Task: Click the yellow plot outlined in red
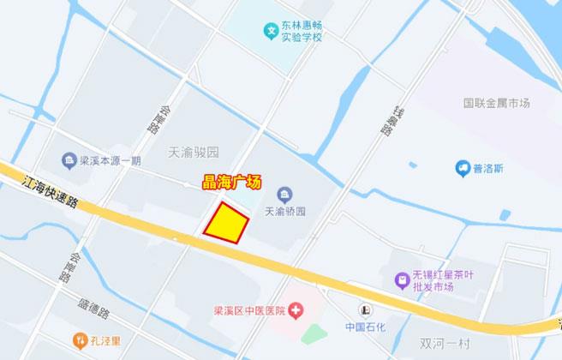[226, 224]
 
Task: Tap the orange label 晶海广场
[230, 182]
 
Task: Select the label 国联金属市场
[497, 103]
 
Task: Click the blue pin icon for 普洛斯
[463, 168]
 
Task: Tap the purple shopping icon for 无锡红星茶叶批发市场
[401, 279]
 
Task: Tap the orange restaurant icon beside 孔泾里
[79, 340]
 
